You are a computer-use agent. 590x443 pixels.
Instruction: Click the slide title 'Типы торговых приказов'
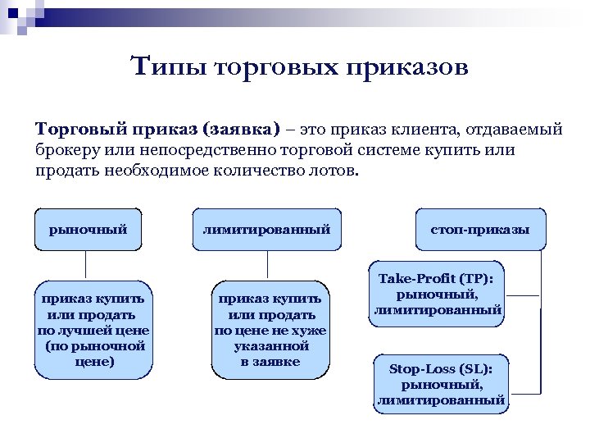click(299, 66)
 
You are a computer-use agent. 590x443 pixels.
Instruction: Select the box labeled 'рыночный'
click(88, 230)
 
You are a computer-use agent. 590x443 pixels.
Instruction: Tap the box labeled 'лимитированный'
click(267, 230)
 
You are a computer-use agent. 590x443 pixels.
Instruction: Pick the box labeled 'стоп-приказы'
click(479, 230)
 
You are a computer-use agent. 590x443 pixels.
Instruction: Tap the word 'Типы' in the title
click(167, 66)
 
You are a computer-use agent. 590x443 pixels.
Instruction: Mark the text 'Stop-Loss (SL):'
click(441, 368)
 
